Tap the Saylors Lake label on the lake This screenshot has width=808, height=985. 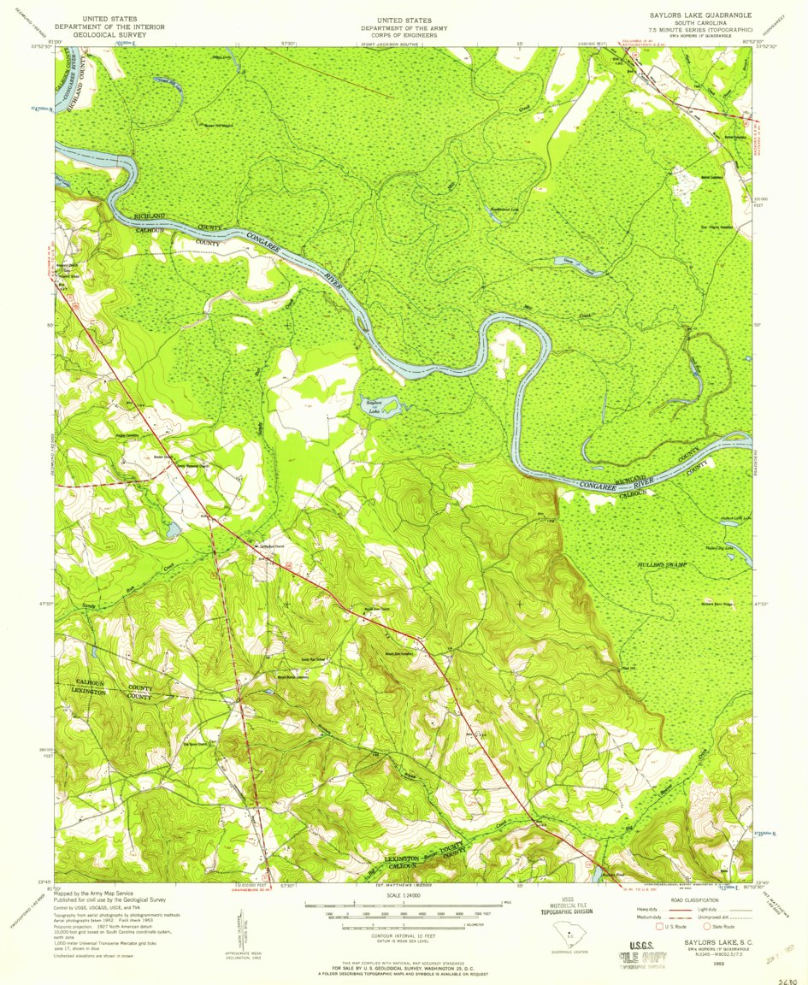(x=373, y=406)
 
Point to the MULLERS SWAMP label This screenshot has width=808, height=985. (x=662, y=566)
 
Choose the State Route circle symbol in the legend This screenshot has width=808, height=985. (x=706, y=926)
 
